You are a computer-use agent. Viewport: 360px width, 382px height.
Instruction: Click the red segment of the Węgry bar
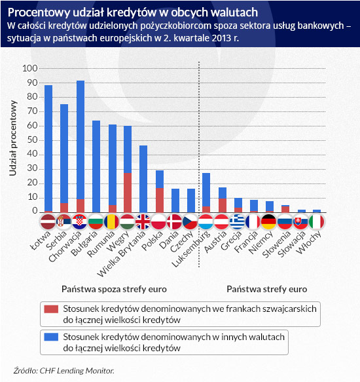pos(128,193)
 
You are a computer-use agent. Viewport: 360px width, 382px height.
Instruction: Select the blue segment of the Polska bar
pos(160,180)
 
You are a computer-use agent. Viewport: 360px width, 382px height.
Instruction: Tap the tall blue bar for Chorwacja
pos(81,140)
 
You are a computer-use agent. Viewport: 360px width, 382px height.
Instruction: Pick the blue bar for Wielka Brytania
pos(143,179)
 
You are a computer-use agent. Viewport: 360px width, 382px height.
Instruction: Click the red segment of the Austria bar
pos(223,206)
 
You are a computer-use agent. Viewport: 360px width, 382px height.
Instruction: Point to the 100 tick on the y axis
pos(30,68)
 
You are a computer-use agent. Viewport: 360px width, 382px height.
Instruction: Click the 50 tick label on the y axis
pos(32,140)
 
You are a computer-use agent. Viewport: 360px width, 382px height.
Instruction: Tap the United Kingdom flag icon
pos(143,222)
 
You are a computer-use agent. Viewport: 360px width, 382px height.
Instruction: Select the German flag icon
pos(268,222)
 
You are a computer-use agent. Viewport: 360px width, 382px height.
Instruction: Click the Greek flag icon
pos(237,222)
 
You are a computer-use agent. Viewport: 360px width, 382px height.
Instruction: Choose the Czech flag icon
pos(190,222)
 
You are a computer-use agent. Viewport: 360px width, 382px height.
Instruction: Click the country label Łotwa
pos(41,240)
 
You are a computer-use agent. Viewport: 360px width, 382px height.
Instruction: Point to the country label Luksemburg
pos(190,248)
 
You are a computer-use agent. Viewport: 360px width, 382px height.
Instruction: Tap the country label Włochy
pos(310,242)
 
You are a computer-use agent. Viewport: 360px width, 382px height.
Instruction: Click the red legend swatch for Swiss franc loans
pos(51,309)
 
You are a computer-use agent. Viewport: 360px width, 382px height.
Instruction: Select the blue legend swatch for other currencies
pos(51,337)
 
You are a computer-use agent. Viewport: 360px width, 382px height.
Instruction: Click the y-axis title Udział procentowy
pos(13,138)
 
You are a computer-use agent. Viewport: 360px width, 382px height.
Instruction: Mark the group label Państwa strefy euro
pos(267,289)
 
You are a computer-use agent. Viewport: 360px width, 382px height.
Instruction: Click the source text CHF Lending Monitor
pos(77,371)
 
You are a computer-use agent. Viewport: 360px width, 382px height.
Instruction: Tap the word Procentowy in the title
pos(39,12)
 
